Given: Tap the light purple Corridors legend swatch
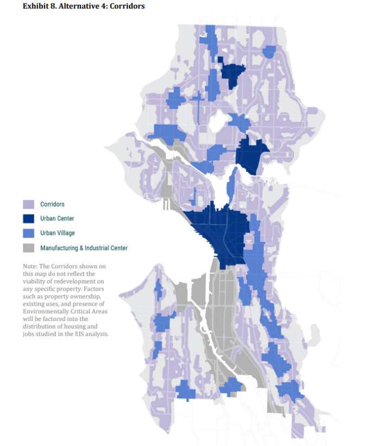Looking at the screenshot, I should point(29,205).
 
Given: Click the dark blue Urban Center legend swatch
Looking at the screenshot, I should point(29,219).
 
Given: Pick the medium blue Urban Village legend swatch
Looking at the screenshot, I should point(29,233).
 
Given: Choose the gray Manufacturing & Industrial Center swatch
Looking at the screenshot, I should point(29,248).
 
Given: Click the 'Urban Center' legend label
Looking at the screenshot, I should point(57,219).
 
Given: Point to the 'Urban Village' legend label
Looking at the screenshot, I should point(58,233).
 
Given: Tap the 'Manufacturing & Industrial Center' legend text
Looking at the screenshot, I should point(84,248).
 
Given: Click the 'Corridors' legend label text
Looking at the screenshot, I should point(52,205).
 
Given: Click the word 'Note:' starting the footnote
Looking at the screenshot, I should point(30,267).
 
